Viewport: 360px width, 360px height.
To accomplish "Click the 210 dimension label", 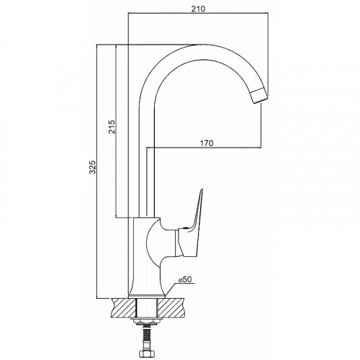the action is pos(198,9).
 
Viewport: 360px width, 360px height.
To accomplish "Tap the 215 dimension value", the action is pos(112,126).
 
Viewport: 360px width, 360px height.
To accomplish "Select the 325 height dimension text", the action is pos(93,166).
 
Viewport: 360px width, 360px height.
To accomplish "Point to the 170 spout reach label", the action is pos(207,143).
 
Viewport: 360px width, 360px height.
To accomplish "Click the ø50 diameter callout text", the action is pos(185,279).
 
